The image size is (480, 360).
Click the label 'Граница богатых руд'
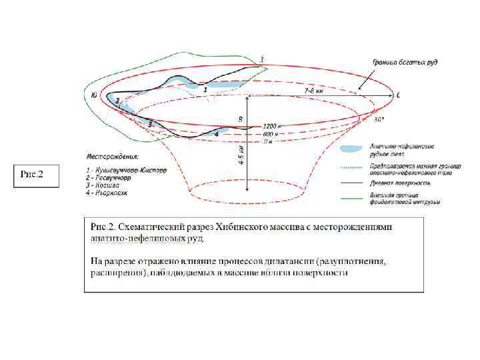404,63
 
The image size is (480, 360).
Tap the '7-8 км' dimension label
314,89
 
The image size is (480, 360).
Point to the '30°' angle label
379,121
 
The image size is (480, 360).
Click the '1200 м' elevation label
272,126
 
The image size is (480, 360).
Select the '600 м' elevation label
270,133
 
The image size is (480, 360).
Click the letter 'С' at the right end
398,96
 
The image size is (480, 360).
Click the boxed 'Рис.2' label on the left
32,175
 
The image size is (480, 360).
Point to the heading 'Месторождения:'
112,157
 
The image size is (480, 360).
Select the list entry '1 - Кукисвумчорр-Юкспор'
127,169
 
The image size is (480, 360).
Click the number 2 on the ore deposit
118,101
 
